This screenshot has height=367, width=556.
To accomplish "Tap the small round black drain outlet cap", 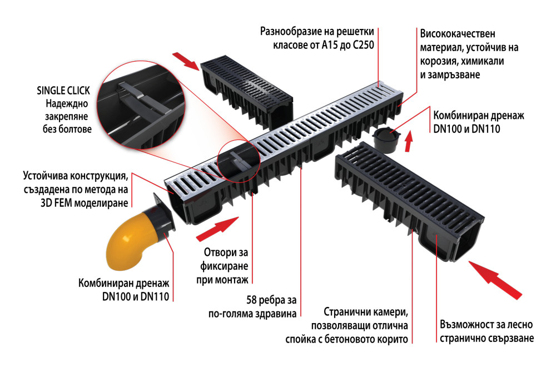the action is click(387, 140).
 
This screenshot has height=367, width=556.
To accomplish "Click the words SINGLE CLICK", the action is click(63, 91).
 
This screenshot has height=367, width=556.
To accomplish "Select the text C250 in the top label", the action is click(364, 46).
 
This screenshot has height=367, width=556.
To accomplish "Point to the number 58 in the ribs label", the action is click(251, 300).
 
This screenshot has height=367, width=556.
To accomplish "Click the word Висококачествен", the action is click(458, 34).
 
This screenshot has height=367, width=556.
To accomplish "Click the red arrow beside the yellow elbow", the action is click(217, 229).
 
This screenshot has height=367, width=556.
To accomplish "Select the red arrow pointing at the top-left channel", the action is click(186, 61).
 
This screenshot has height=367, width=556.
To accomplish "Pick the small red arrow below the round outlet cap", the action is click(409, 141).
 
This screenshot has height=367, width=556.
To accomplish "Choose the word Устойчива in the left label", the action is click(46, 176).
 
